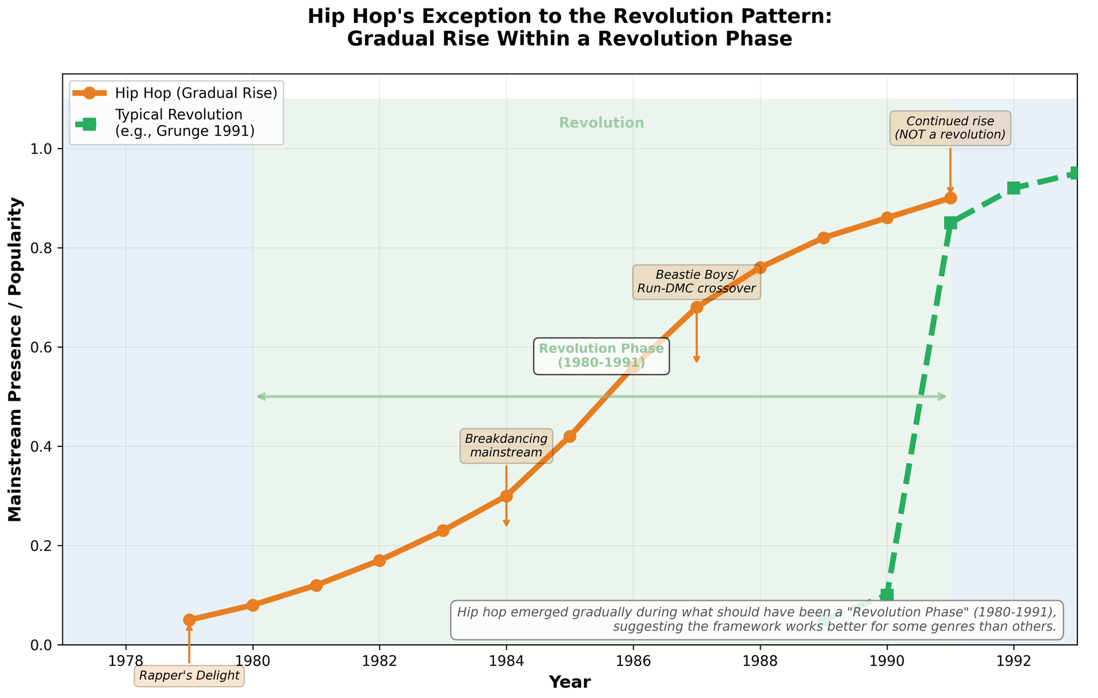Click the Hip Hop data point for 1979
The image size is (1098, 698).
pyautogui.click(x=189, y=620)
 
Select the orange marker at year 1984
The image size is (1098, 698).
pyautogui.click(x=506, y=496)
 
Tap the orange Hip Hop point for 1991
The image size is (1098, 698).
pyautogui.click(x=950, y=198)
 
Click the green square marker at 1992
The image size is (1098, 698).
pyautogui.click(x=1013, y=188)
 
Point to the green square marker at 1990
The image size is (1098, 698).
pyautogui.click(x=886, y=595)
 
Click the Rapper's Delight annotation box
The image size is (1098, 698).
pyautogui.click(x=189, y=676)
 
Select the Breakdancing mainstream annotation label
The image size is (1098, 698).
pyautogui.click(x=506, y=446)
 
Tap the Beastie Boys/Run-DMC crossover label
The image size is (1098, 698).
pyautogui.click(x=696, y=281)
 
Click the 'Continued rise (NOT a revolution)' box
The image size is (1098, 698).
pyautogui.click(x=950, y=128)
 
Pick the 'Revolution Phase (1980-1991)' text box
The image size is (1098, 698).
pyautogui.click(x=601, y=356)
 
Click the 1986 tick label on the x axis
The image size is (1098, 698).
pyautogui.click(x=632, y=661)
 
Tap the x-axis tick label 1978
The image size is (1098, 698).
pyautogui.click(x=126, y=661)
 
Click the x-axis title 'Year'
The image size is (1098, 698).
pyautogui.click(x=570, y=683)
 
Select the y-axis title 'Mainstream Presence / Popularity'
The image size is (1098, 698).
pyautogui.click(x=15, y=359)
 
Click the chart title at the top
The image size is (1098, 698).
pyautogui.click(x=569, y=27)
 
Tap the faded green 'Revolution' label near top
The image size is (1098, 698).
pyautogui.click(x=601, y=123)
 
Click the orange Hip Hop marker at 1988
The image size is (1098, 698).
pyautogui.click(x=759, y=268)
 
